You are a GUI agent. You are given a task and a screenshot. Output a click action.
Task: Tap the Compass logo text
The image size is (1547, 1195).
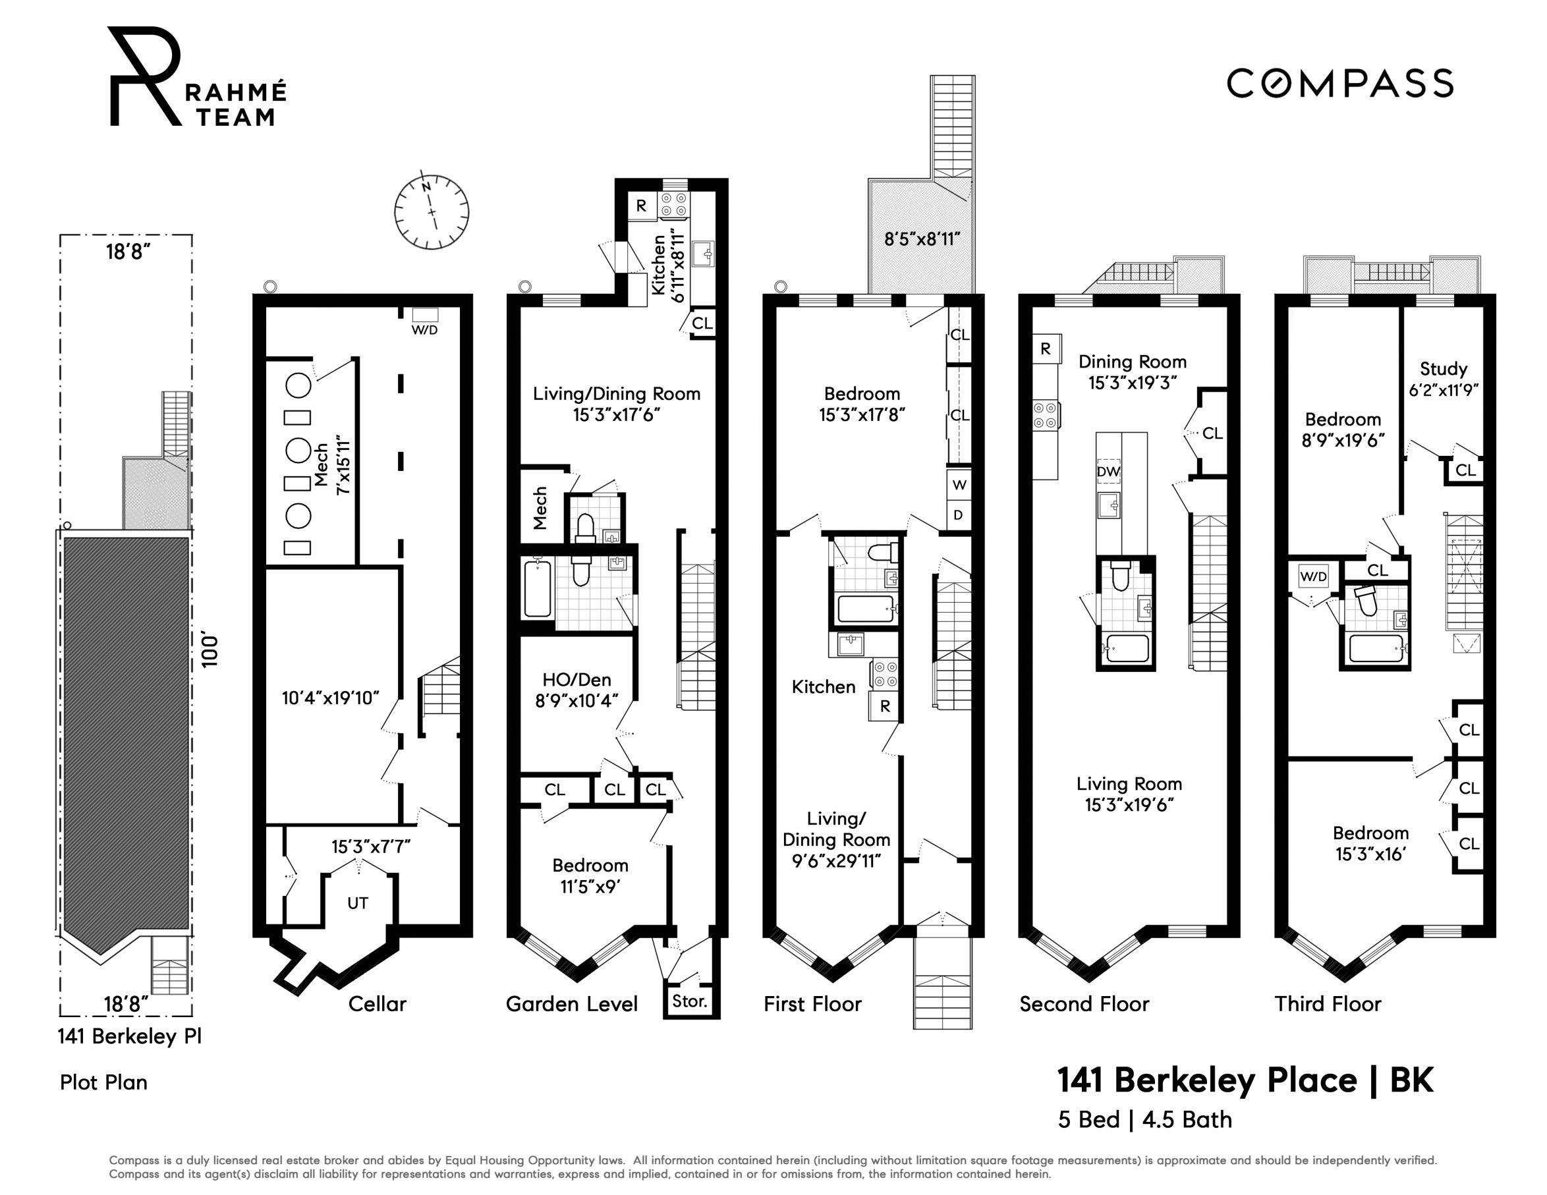[1340, 84]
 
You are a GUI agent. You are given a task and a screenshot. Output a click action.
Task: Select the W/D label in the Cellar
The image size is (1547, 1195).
[425, 330]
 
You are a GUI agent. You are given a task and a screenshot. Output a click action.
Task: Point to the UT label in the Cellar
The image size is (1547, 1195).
[358, 903]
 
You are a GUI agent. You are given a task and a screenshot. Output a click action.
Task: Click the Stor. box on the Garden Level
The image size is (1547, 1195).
[690, 1001]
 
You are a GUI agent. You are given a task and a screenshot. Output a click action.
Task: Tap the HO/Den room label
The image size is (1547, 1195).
[577, 680]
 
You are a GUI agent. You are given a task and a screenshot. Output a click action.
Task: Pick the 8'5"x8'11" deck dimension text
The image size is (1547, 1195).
[922, 239]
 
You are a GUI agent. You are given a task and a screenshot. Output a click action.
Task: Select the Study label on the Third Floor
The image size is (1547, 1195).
[1443, 369]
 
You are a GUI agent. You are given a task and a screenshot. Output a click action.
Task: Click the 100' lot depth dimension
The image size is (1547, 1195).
[210, 650]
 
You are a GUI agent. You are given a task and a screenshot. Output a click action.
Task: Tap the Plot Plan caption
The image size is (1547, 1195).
[103, 1082]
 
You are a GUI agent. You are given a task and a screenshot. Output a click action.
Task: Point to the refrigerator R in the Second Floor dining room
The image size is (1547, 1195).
[1046, 349]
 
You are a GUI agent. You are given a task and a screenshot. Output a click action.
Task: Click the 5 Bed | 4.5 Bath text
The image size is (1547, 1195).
[1144, 1120]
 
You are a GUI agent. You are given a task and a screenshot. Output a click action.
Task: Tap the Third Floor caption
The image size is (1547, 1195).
[1328, 1004]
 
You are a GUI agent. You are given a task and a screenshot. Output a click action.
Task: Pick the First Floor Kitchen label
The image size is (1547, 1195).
[823, 687]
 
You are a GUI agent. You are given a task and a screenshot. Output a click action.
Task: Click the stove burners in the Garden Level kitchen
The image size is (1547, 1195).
[673, 206]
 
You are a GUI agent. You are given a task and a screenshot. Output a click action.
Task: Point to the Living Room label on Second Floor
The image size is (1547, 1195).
[1129, 784]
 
